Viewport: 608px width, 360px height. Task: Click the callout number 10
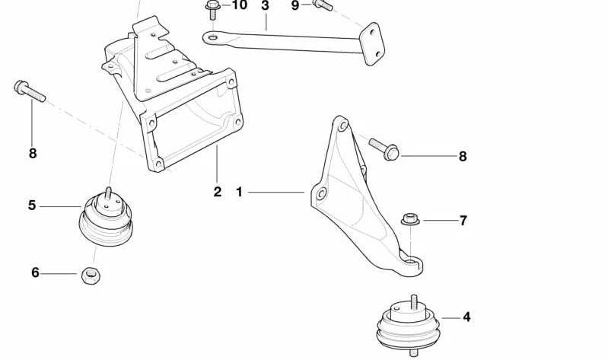[x=239, y=5]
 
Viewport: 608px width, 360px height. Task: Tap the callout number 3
[x=266, y=5]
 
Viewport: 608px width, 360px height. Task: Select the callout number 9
[x=295, y=6]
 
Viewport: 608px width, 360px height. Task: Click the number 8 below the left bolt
[x=33, y=153]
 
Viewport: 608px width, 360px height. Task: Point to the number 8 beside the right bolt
[x=463, y=156]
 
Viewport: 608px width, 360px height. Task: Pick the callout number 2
[x=217, y=191]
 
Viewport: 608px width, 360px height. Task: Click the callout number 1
[x=239, y=192]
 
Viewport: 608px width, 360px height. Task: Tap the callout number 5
[x=32, y=205]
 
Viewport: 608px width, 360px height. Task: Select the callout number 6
[x=35, y=272]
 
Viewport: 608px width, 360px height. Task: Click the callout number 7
[x=463, y=221]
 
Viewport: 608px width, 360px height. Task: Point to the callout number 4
[x=466, y=317]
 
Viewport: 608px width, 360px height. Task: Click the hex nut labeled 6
[x=91, y=275]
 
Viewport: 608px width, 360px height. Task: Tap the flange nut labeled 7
[x=410, y=219]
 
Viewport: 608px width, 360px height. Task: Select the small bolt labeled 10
[x=212, y=9]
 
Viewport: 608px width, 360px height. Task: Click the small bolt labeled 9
[x=323, y=5]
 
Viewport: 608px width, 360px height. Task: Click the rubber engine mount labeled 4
[x=409, y=325]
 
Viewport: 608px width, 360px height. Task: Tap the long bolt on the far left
[x=30, y=91]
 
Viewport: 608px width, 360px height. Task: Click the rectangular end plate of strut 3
[x=372, y=44]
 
